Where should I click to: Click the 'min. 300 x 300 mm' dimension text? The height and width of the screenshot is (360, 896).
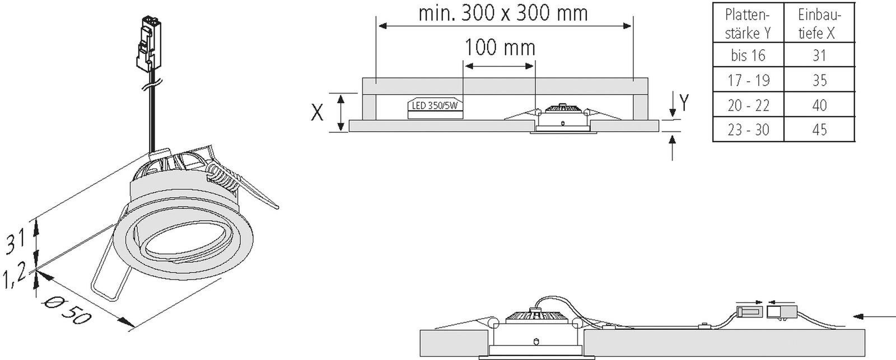click(x=503, y=13)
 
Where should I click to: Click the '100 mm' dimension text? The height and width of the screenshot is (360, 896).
click(x=500, y=48)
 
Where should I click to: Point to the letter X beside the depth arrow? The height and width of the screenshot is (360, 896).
click(x=317, y=113)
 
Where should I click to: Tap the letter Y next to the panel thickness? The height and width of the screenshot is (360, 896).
click(x=684, y=102)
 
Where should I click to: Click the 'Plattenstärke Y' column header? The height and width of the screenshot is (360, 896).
click(x=748, y=24)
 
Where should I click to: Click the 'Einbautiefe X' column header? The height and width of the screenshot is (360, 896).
click(x=819, y=24)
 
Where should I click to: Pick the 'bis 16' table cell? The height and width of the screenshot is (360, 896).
click(x=748, y=55)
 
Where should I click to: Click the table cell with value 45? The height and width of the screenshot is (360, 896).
click(x=819, y=130)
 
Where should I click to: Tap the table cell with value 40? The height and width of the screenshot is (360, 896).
click(x=819, y=105)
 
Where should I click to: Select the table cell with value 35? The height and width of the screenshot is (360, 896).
click(x=819, y=80)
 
